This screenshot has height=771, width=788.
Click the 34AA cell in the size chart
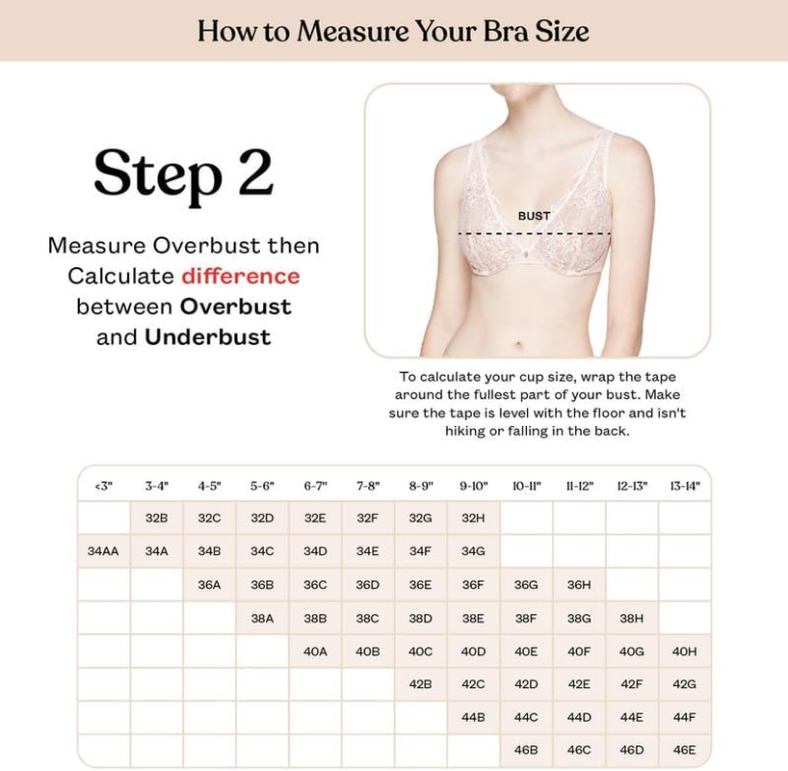click(x=103, y=551)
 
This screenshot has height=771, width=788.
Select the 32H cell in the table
click(x=473, y=518)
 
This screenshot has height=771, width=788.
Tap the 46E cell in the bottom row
click(x=684, y=750)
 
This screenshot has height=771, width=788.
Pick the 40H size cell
click(x=684, y=651)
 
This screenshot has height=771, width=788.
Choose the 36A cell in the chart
click(x=209, y=584)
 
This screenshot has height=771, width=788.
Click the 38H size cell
click(x=632, y=619)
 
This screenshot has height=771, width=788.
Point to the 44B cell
click(x=473, y=717)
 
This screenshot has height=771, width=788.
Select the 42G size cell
click(x=684, y=684)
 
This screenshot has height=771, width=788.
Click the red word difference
click(x=241, y=277)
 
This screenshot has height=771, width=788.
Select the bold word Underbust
click(x=207, y=337)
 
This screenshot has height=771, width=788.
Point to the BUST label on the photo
click(x=534, y=216)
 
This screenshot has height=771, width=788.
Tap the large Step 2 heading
click(x=183, y=173)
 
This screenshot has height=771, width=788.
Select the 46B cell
click(x=526, y=750)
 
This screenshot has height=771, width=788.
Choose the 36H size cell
click(x=579, y=584)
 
